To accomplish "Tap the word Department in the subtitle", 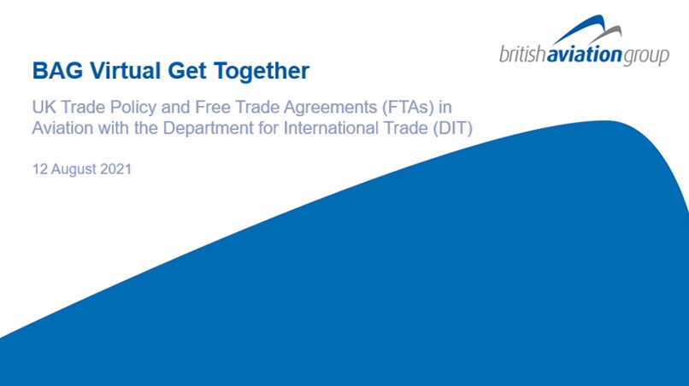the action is coord(209,128).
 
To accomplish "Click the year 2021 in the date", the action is coord(116,169).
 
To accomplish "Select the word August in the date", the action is coord(74,169).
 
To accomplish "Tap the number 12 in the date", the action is coord(40,169).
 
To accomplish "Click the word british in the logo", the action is coord(523,55).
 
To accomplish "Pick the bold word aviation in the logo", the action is coord(585,55).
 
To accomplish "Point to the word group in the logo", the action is coord(646,56).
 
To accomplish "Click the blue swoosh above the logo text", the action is coord(581,30).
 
